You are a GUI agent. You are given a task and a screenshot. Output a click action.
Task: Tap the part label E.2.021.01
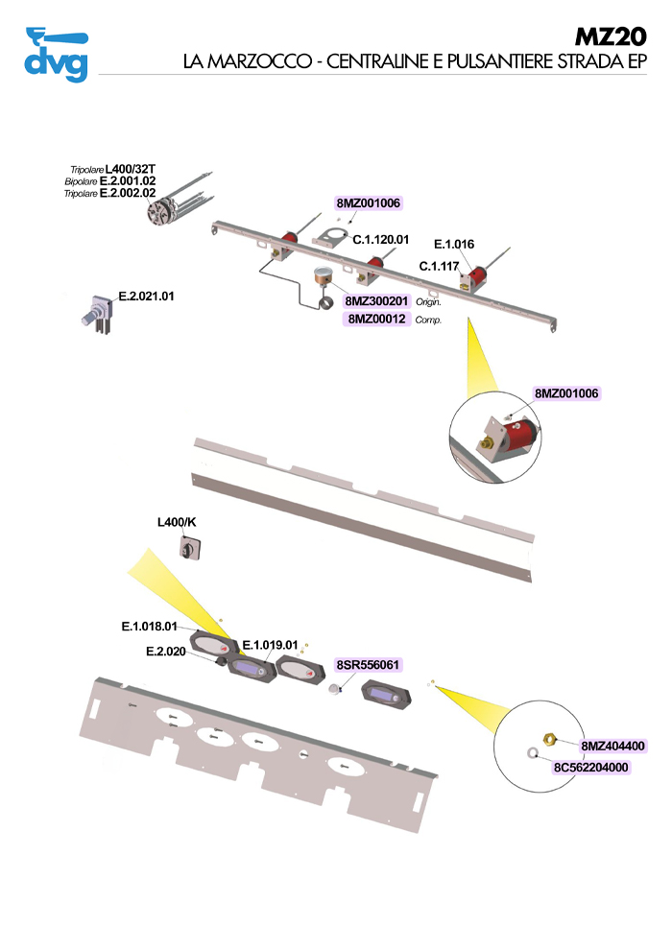pyautogui.click(x=146, y=296)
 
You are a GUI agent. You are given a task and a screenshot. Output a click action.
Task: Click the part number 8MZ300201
pyautogui.click(x=377, y=301)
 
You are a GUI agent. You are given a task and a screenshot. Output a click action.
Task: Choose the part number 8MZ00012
pyautogui.click(x=377, y=319)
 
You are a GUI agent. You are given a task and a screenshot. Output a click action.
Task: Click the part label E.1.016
pyautogui.click(x=454, y=245)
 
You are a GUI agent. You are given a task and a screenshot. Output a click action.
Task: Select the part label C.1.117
pyautogui.click(x=441, y=266)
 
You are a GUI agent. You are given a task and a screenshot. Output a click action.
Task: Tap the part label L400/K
pyautogui.click(x=178, y=523)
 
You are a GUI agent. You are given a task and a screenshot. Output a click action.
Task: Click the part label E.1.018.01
pyautogui.click(x=150, y=627)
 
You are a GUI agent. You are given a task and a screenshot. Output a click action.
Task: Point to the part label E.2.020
pyautogui.click(x=165, y=652)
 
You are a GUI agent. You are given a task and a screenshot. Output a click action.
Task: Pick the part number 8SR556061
pyautogui.click(x=368, y=665)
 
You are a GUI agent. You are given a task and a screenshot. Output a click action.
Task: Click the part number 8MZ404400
pyautogui.click(x=612, y=745)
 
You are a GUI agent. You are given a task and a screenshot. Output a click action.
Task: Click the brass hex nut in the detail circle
pyautogui.click(x=549, y=740)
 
